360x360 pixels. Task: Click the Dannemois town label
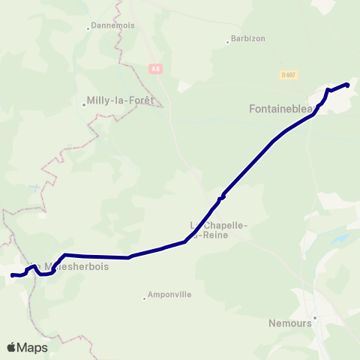(x=112, y=26)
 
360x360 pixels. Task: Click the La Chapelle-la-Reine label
(x=219, y=229)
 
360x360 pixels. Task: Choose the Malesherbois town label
(x=77, y=265)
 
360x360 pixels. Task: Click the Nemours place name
(x=289, y=325)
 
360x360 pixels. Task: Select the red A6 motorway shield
(x=155, y=69)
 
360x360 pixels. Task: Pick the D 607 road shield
(x=289, y=74)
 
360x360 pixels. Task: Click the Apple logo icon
(x=11, y=347)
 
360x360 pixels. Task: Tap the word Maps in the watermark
(x=33, y=347)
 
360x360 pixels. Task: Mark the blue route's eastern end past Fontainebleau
(x=347, y=85)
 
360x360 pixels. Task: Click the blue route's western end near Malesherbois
(x=13, y=275)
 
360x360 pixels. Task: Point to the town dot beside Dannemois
(x=89, y=29)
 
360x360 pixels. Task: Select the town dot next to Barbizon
(x=228, y=42)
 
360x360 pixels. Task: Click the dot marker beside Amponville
(x=144, y=298)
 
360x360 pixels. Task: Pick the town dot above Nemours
(x=315, y=316)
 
